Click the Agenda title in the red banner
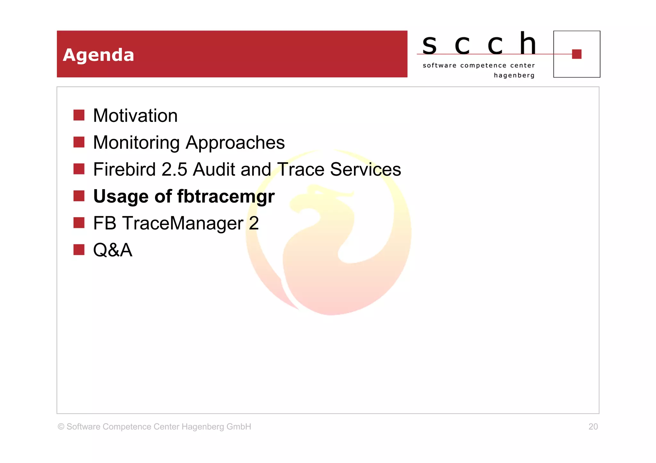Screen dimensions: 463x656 pos(98,55)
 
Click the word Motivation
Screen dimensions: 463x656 pos(135,116)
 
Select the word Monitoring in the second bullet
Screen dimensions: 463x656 pos(136,143)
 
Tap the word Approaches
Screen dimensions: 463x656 pos(235,143)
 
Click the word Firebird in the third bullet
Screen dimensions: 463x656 pos(124,169)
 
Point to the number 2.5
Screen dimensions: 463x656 pos(174,169)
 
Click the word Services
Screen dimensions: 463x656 pos(365,169)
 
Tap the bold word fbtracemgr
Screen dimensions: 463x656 pos(226,196)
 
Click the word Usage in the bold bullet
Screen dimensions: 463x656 pos(121,196)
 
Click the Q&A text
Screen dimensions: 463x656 pos(112,250)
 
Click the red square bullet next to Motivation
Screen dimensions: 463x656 pos(79,115)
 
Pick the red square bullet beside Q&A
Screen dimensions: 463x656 pos(79,250)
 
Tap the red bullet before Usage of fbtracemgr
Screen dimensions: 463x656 pos(79,196)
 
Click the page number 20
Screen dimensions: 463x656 pos(593,427)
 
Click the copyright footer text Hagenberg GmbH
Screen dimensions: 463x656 pos(216,427)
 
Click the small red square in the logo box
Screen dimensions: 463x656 pos(577,54)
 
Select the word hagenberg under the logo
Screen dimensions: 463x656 pos(514,76)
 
